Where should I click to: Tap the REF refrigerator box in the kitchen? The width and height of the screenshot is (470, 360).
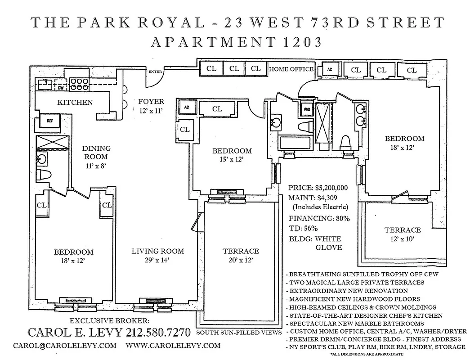pos(47,121)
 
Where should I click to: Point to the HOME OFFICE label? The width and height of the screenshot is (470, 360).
pos(291,69)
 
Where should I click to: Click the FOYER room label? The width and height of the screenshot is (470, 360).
pos(151,102)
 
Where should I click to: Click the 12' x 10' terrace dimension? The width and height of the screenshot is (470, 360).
pos(403,238)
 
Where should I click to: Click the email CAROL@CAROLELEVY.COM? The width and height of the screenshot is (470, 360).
pos(64,346)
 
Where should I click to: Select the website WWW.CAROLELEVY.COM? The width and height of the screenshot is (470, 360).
pos(173,346)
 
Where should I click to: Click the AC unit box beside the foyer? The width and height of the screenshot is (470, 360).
pos(185,107)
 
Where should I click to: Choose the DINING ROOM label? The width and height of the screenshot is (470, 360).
pos(96,153)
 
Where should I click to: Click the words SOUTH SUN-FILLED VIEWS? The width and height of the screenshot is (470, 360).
pos(238,333)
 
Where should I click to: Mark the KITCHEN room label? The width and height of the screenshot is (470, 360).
pos(75,102)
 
